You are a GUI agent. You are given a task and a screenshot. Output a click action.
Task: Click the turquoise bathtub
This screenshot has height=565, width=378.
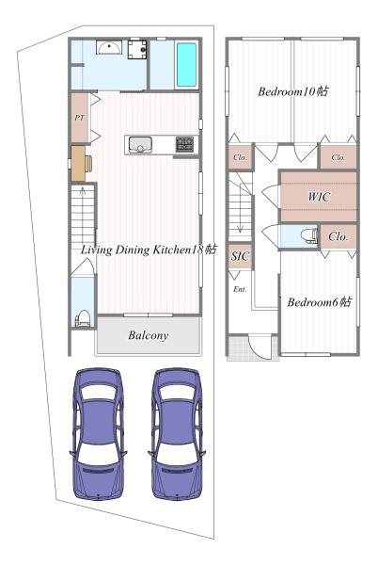186,64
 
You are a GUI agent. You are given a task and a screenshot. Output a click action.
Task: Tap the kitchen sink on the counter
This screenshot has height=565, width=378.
140,144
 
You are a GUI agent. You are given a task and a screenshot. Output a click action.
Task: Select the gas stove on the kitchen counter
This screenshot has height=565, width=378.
185,144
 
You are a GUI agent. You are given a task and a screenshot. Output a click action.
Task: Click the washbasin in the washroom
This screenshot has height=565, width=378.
109,47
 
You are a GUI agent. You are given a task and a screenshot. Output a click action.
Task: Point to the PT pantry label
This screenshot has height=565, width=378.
80,118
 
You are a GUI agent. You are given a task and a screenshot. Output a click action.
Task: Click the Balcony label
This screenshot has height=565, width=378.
149,335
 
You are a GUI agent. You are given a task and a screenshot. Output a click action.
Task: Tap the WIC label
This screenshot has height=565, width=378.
319,197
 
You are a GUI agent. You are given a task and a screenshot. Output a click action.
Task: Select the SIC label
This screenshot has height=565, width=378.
240,256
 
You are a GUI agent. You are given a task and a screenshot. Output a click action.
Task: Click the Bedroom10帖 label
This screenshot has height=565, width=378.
292,91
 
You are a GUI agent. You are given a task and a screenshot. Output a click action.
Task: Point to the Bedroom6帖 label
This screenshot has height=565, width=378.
320,301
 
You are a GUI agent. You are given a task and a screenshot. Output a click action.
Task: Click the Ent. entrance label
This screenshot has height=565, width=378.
240,289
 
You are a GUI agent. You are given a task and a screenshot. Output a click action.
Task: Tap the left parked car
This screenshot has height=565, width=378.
98,433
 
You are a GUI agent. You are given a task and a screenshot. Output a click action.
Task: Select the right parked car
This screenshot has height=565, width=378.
177,433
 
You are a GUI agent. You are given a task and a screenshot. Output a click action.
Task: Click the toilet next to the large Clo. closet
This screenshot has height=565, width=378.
309,236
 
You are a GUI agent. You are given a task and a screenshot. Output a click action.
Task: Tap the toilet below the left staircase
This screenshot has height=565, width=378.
83,318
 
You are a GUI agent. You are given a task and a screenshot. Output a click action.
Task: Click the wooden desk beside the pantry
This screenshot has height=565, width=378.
81,163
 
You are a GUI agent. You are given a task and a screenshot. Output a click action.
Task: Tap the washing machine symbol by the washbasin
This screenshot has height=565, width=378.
137,49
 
